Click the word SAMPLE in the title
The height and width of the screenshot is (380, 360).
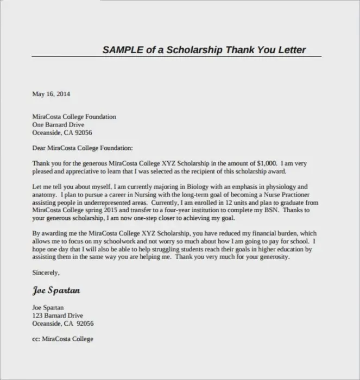pos(123,50)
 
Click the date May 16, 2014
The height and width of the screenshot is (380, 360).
pos(51,94)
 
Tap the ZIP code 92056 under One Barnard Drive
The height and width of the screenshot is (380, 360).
pos(83,132)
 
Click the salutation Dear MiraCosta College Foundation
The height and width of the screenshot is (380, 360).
pos(82,147)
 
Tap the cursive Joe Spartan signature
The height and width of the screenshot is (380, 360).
pos(56,290)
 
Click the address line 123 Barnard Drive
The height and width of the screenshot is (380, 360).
pos(58,315)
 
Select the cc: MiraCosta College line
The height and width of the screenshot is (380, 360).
pos(62,339)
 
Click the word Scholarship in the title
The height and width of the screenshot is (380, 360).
pos(193,50)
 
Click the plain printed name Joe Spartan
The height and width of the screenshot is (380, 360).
pos(48,308)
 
